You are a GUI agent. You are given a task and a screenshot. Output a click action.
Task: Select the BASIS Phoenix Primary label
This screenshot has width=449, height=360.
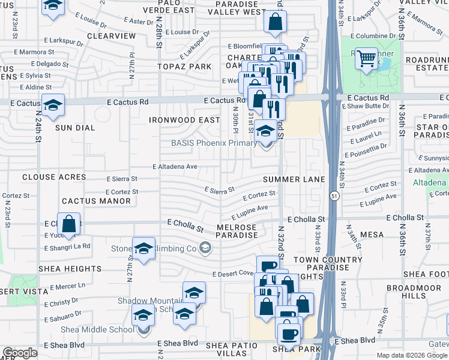point(214,143)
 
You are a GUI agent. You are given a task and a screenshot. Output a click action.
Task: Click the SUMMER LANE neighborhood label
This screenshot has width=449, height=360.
point(294,179)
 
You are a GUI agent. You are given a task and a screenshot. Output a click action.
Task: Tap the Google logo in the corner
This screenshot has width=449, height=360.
point(20,353)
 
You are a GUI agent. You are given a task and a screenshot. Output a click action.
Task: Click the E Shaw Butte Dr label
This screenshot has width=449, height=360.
point(363,106)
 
